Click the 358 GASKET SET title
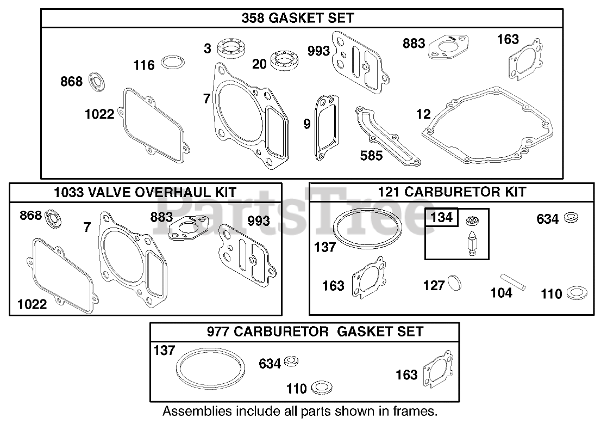pyautogui.click(x=298, y=18)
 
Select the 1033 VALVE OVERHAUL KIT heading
pyautogui.click(x=145, y=192)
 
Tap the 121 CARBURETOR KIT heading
pyautogui.click(x=452, y=192)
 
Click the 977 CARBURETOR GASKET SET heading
pyautogui.click(x=315, y=331)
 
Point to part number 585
pyautogui.click(x=371, y=155)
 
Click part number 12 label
pyautogui.click(x=423, y=114)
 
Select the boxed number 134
pyautogui.click(x=441, y=218)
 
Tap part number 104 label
pyautogui.click(x=500, y=293)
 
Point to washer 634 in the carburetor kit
pyautogui.click(x=571, y=218)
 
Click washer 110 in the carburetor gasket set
pyautogui.click(x=323, y=388)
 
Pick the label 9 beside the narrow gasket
pyautogui.click(x=307, y=124)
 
